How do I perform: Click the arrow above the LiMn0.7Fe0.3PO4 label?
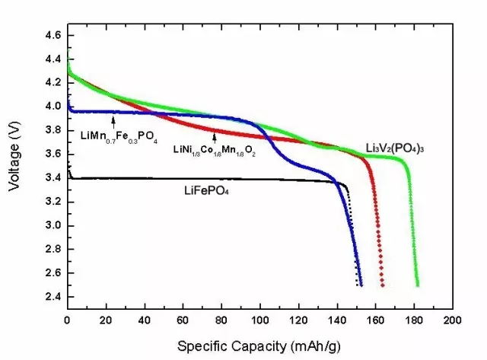[113, 119]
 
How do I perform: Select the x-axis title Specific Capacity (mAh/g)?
[259, 346]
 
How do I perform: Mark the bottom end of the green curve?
[418, 285]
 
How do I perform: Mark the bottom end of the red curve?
[383, 285]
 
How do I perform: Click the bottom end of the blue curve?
[361, 285]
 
